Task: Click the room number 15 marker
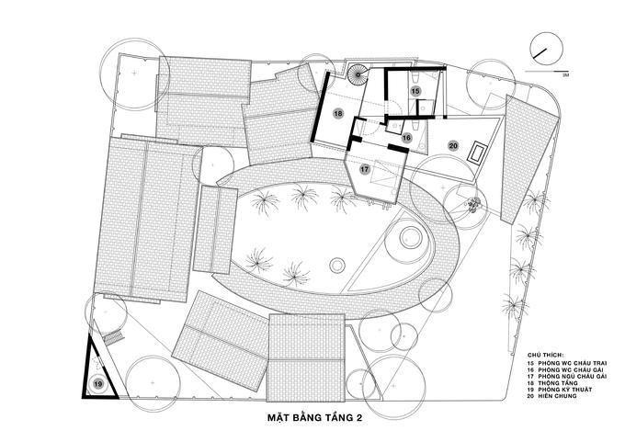[415, 92]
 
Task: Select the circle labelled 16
[405, 137]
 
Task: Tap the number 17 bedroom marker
[365, 169]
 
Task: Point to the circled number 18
[338, 113]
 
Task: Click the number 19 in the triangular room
[98, 383]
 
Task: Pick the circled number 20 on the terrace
[452, 145]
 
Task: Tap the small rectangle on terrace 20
[479, 153]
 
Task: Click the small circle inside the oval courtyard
[337, 266]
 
